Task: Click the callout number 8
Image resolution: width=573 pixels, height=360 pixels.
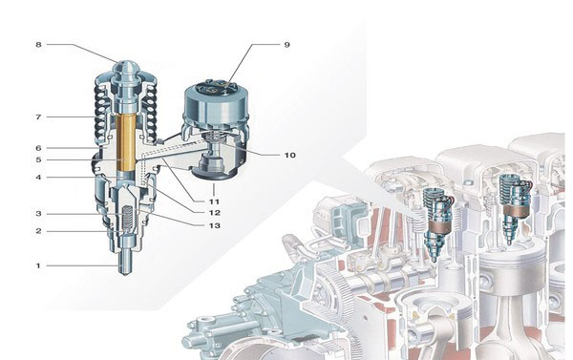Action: [38, 45]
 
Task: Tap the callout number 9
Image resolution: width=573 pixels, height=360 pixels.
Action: [286, 45]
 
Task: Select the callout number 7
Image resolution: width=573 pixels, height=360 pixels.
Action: [38, 116]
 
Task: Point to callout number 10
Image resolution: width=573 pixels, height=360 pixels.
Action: [289, 155]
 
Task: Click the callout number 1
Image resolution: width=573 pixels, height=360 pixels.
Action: [38, 265]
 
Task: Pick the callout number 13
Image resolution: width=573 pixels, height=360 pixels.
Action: [215, 225]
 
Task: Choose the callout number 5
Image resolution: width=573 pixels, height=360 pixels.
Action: [38, 159]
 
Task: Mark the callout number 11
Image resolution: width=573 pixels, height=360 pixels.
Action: [214, 201]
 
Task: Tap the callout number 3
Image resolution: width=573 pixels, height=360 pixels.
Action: [38, 214]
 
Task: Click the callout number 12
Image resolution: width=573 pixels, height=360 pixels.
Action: [215, 213]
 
